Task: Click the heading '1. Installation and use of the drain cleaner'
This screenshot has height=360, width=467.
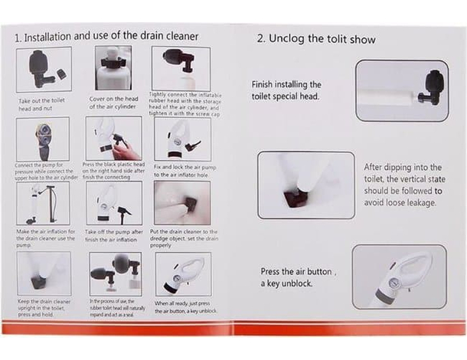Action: (x=106, y=36)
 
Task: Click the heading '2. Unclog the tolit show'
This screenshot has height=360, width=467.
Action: (x=316, y=38)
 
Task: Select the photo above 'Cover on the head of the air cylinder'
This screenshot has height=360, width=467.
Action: (x=113, y=68)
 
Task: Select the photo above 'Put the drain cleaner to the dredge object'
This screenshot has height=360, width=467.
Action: (x=181, y=203)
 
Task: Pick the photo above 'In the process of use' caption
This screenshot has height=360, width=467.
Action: (x=113, y=273)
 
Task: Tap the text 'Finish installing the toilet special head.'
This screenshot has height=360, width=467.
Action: (x=286, y=90)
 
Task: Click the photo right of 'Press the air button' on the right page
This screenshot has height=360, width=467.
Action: (x=399, y=277)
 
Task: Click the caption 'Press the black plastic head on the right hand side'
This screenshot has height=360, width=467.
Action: (x=113, y=170)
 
